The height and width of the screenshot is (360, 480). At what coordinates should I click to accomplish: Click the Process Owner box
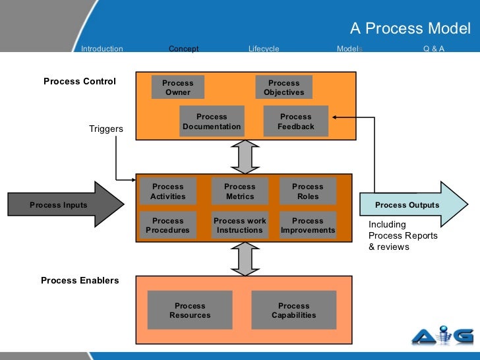pos(177,88)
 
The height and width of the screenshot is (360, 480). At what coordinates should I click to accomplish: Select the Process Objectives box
pos(284,88)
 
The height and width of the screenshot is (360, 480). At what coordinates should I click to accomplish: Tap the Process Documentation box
pos(212,121)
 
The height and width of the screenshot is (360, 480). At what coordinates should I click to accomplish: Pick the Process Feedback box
pos(295,121)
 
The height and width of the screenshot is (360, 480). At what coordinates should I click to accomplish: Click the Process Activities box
pos(168,191)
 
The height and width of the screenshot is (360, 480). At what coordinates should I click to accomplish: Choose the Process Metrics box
pos(239,191)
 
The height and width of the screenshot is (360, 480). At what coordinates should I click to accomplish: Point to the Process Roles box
pos(307,191)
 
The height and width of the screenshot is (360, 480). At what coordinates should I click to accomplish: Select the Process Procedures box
pos(167,225)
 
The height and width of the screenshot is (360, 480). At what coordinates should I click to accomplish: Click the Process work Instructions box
pos(239,225)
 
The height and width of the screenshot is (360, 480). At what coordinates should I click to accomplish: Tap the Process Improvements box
pos(307,225)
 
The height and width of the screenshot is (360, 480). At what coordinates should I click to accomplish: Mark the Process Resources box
pos(190,311)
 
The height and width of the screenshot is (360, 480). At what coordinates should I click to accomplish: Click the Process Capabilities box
pos(293,311)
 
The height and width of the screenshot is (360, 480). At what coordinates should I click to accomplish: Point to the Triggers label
pos(106,129)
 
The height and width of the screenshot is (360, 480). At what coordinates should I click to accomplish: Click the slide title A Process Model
pos(410,28)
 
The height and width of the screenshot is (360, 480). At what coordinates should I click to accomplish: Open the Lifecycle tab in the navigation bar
pos(264,49)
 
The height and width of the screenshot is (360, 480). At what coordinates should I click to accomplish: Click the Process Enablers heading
pos(80,280)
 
